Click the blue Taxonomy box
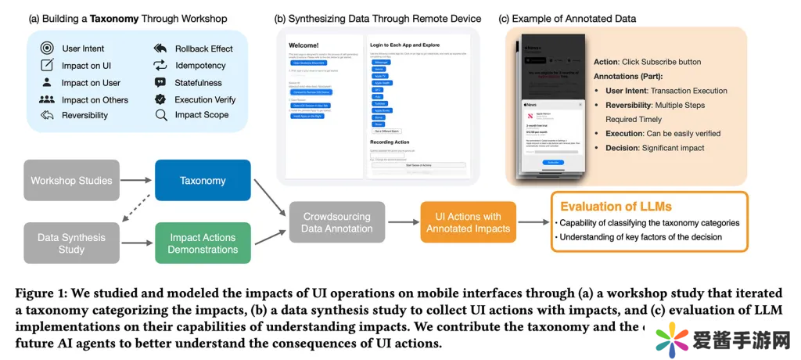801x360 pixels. click(203, 181)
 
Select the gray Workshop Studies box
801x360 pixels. click(71, 181)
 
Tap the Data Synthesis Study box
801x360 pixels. click(71, 243)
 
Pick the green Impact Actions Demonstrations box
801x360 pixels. click(203, 243)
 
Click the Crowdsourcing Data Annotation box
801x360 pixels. click(337, 221)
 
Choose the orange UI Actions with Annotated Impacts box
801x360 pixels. click(469, 221)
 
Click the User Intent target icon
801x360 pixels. click(46, 49)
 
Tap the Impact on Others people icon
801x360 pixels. click(46, 100)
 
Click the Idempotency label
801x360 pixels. click(200, 66)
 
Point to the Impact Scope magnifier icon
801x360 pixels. click(160, 115)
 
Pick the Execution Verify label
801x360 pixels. click(205, 99)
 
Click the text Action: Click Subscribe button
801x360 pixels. click(647, 62)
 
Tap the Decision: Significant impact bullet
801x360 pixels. click(654, 148)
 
